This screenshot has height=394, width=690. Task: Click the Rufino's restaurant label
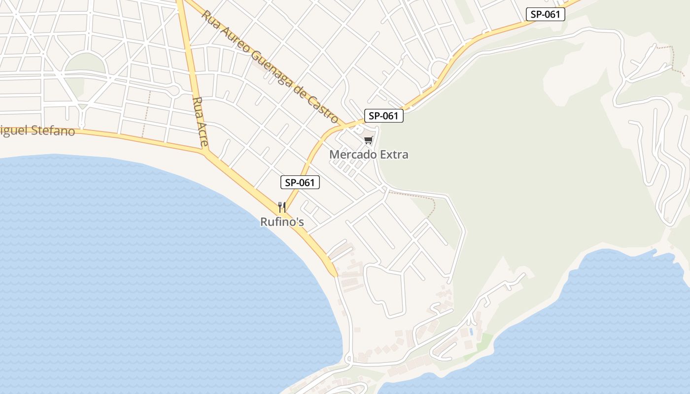point(282,222)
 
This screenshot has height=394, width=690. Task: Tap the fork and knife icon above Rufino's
point(282,207)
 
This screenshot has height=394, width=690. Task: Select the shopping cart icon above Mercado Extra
point(368,140)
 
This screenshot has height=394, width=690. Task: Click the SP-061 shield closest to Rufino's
point(300,183)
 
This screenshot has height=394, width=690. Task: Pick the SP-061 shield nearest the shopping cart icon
point(383,116)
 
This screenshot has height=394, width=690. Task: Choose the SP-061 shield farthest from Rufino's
point(545,14)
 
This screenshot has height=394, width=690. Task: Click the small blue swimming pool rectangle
point(471,332)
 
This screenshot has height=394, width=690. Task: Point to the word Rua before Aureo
point(209,18)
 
